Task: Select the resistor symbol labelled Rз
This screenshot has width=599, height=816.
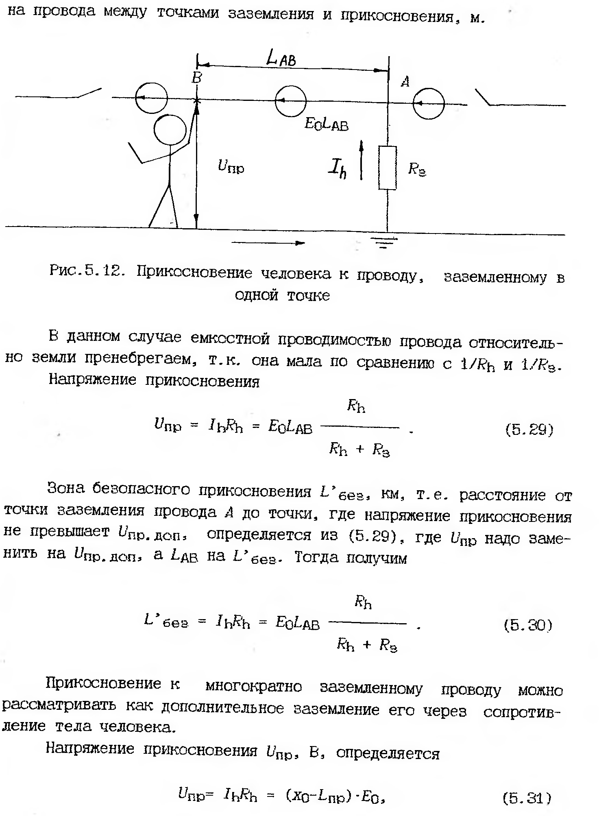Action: (x=387, y=168)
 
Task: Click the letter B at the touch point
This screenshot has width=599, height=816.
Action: (x=197, y=78)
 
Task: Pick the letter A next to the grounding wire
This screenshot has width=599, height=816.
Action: (x=405, y=82)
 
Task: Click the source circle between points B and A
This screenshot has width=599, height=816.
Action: (x=290, y=100)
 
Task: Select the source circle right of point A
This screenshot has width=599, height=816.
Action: (x=429, y=104)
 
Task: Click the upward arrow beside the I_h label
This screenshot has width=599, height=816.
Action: (x=361, y=160)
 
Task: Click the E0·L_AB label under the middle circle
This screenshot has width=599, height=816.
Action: (x=327, y=124)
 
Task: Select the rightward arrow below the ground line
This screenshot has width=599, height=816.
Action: (x=268, y=243)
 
